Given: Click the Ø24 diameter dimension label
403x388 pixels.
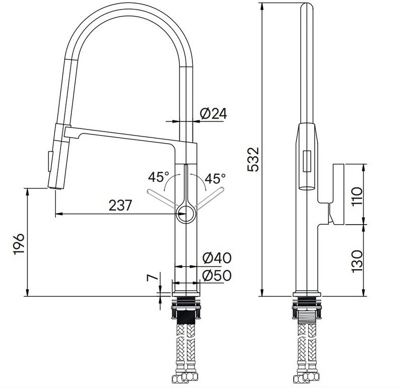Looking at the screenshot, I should click(x=213, y=114).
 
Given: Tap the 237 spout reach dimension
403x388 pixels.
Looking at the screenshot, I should click(x=121, y=205).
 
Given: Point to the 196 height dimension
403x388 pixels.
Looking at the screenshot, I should click(x=18, y=244).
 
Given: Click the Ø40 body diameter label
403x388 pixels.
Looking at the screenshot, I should click(x=217, y=258).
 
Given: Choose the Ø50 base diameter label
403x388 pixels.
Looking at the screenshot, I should click(x=217, y=275).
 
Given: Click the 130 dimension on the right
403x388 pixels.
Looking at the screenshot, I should click(x=357, y=261).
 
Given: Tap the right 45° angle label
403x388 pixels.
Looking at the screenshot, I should click(x=216, y=178).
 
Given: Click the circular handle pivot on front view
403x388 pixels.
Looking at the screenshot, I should click(x=186, y=213).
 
